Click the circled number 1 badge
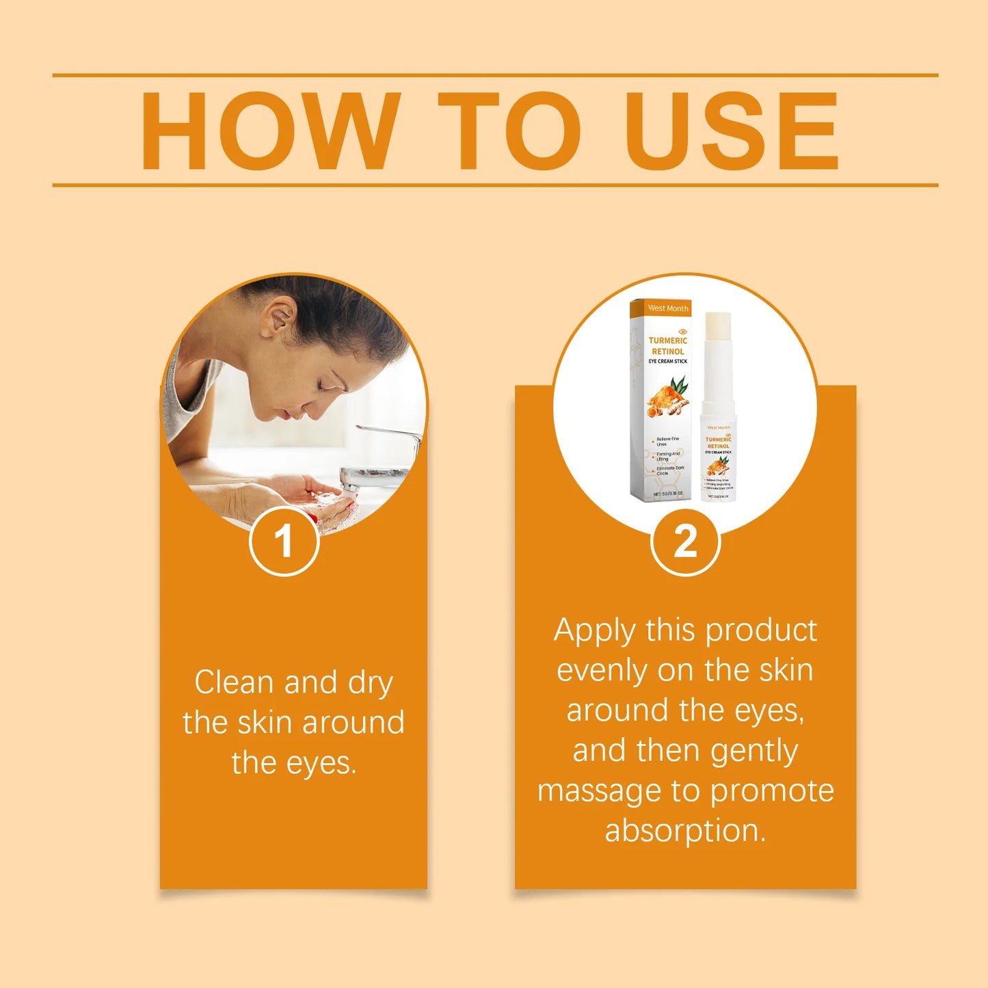284,542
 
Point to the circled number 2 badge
685,542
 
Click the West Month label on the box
667,308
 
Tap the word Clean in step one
234,682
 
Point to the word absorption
685,831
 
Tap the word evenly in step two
601,671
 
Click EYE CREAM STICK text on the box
667,361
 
